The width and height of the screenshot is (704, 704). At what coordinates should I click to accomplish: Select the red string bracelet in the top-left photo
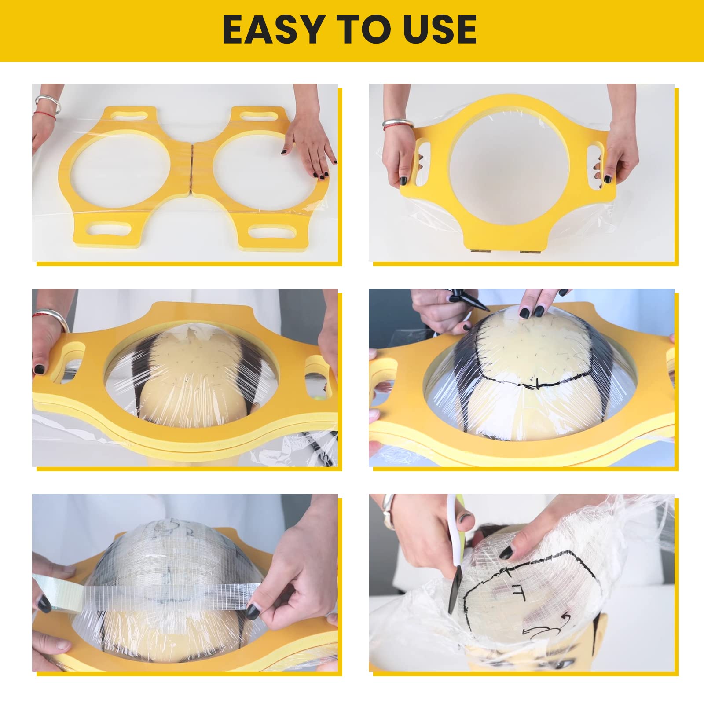coord(46,115)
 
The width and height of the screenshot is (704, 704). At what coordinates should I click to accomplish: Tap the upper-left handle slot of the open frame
coord(130,115)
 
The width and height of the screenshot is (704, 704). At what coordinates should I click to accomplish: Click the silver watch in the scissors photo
coord(389,510)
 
